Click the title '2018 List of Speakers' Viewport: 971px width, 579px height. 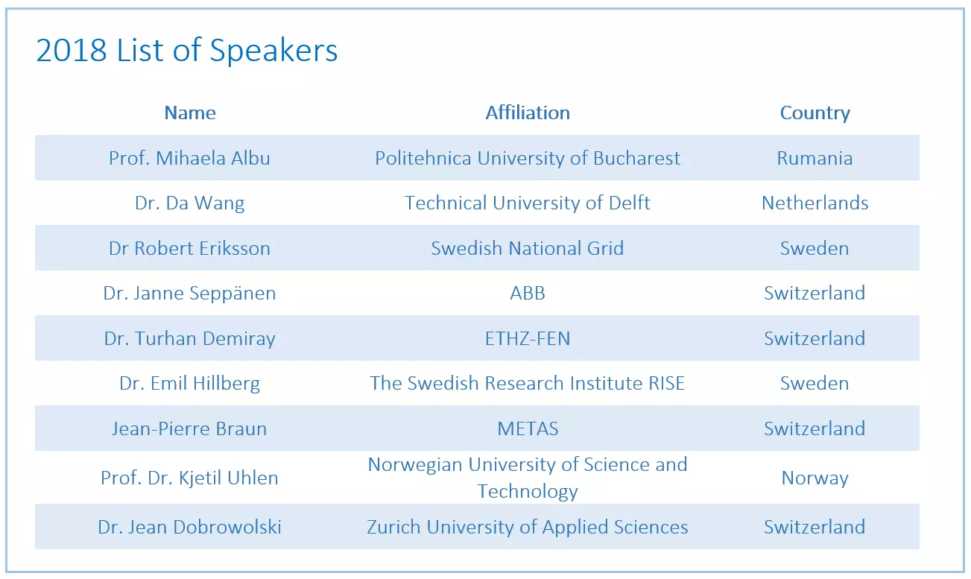pos(187,51)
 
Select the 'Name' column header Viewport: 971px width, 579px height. pos(190,113)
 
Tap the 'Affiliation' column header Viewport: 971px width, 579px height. pos(528,113)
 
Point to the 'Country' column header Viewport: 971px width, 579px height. pos(815,113)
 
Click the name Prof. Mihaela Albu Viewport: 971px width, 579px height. pos(189,158)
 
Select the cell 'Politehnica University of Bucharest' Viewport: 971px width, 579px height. pos(528,158)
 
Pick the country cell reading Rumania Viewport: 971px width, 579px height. pos(815,158)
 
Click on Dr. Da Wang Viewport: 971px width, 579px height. pos(189,203)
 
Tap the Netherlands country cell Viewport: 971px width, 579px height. pos(815,203)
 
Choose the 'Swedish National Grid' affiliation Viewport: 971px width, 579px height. pos(528,248)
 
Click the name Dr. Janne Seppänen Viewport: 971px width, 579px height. pos(189,294)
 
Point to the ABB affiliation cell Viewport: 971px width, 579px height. pos(528,294)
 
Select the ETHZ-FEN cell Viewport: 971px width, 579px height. pos(528,338)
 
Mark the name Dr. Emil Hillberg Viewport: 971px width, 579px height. pos(189,384)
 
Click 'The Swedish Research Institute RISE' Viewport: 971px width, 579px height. pos(527,383)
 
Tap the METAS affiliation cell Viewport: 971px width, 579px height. pos(528,428)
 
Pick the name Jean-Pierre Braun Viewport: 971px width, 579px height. pos(189,428)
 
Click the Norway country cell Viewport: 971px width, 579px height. pos(815,478)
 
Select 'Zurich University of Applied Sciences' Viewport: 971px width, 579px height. pos(528,528)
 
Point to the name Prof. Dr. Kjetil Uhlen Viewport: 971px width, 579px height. pos(189,478)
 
